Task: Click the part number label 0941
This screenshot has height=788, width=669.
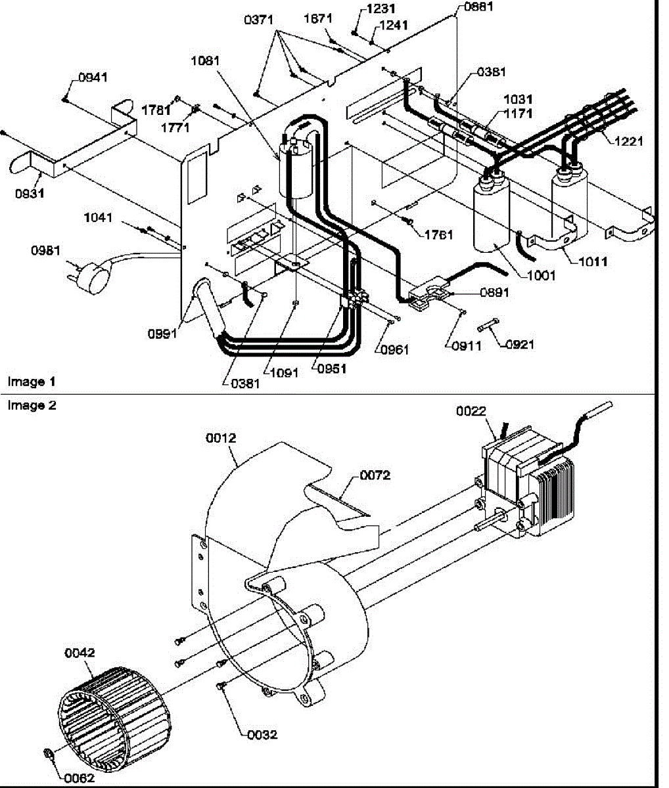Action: pyautogui.click(x=93, y=77)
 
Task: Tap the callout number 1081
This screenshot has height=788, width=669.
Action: pyautogui.click(x=205, y=60)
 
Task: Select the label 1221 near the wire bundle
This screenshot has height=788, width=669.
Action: pyautogui.click(x=628, y=141)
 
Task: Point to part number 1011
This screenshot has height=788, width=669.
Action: pyautogui.click(x=593, y=261)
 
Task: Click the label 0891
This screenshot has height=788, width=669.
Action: pyautogui.click(x=494, y=292)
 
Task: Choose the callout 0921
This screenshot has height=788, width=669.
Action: pyautogui.click(x=520, y=344)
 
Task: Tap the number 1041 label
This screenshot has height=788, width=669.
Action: pyautogui.click(x=98, y=217)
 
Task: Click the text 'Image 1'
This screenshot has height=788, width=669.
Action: pyautogui.click(x=32, y=382)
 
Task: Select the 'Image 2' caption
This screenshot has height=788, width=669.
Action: pyautogui.click(x=32, y=405)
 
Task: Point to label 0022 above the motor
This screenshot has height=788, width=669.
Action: pyautogui.click(x=471, y=411)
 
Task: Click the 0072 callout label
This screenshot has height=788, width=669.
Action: pyautogui.click(x=375, y=475)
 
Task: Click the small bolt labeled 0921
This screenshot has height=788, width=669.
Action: pyautogui.click(x=488, y=325)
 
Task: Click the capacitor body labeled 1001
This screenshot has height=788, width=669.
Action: pyautogui.click(x=492, y=216)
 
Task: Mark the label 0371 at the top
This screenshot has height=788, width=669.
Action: pyautogui.click(x=259, y=20)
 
